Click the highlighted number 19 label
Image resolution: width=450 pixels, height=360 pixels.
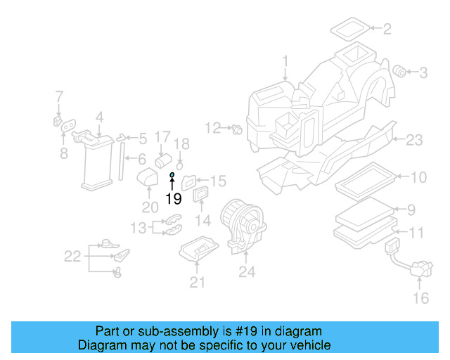tap(174, 198)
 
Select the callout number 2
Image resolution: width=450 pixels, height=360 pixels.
tap(387, 29)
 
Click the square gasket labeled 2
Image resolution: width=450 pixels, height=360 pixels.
tap(348, 29)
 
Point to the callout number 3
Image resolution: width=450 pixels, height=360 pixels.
tap(423, 71)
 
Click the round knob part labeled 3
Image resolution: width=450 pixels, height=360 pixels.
tap(399, 70)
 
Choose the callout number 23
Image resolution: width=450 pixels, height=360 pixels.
tap(414, 140)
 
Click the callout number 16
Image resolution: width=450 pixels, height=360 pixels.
tap(420, 298)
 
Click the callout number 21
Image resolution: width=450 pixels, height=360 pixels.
tap(197, 282)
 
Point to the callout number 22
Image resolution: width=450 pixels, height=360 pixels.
tap(73, 257)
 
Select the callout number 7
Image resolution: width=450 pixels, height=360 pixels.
tap(59, 96)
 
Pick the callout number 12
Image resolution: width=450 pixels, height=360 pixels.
tap(212, 127)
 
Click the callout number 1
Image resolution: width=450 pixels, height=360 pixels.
tap(285, 60)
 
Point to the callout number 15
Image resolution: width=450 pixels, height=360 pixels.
tap(218, 181)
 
